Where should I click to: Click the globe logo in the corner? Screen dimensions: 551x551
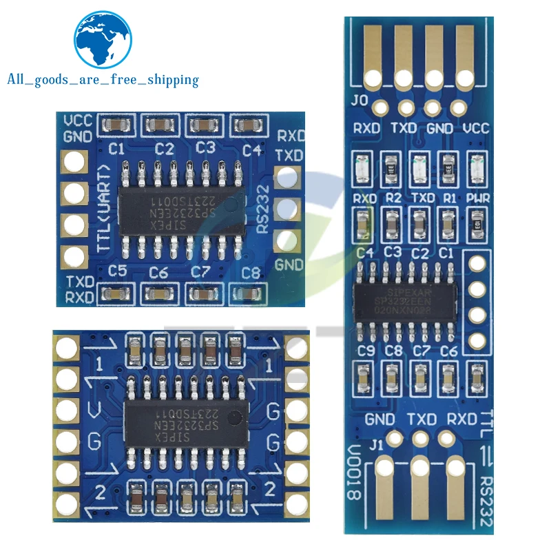point(103,40)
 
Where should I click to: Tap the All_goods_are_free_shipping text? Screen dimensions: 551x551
point(103,80)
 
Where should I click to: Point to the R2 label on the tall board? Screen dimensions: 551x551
point(394,198)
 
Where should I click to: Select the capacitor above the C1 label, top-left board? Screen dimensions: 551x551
point(114,125)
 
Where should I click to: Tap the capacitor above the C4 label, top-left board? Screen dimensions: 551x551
point(247,125)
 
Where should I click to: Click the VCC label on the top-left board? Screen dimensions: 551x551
point(78,121)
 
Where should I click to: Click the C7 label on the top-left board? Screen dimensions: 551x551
point(200,272)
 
